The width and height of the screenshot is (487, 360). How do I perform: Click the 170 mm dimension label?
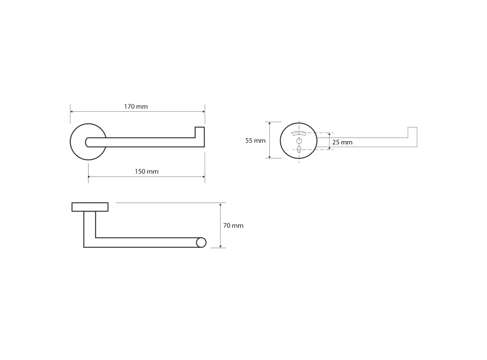coord(136,107)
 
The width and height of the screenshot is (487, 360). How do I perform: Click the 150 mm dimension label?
coord(146,172)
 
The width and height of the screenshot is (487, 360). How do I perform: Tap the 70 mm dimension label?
coord(233,226)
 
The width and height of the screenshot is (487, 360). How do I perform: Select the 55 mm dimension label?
coord(255,141)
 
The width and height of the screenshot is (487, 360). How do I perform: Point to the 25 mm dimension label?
coord(342,142)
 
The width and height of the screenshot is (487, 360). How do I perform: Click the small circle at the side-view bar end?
coord(202,242)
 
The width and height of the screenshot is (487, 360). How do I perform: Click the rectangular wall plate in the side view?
coord(90,207)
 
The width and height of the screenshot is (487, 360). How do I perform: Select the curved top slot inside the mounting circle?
coord(299,134)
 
